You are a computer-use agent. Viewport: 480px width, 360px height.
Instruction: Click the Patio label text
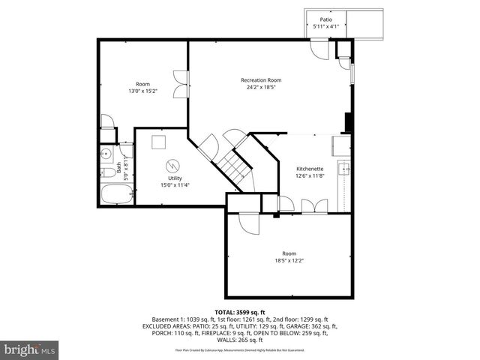[x=325, y=19]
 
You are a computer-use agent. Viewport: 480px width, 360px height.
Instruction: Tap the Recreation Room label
[x=260, y=80]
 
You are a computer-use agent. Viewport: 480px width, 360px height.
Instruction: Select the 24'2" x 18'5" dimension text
[x=260, y=87]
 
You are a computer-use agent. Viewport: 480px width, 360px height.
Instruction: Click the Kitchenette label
[x=310, y=169]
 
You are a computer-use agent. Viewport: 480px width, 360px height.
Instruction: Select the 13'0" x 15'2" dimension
[x=142, y=90]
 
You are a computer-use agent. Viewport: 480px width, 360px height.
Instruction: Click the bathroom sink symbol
[x=105, y=155]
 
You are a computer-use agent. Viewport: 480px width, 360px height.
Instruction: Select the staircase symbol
[x=236, y=168]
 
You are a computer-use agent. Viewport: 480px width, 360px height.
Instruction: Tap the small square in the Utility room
[x=158, y=142]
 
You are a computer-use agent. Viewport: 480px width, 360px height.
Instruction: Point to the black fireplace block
[x=347, y=121]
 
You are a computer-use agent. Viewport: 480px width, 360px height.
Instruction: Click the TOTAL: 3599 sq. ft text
[x=240, y=311]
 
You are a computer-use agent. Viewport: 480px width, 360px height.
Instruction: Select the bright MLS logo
[x=29, y=349]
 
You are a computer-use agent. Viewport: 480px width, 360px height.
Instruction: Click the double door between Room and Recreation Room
[x=181, y=84]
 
